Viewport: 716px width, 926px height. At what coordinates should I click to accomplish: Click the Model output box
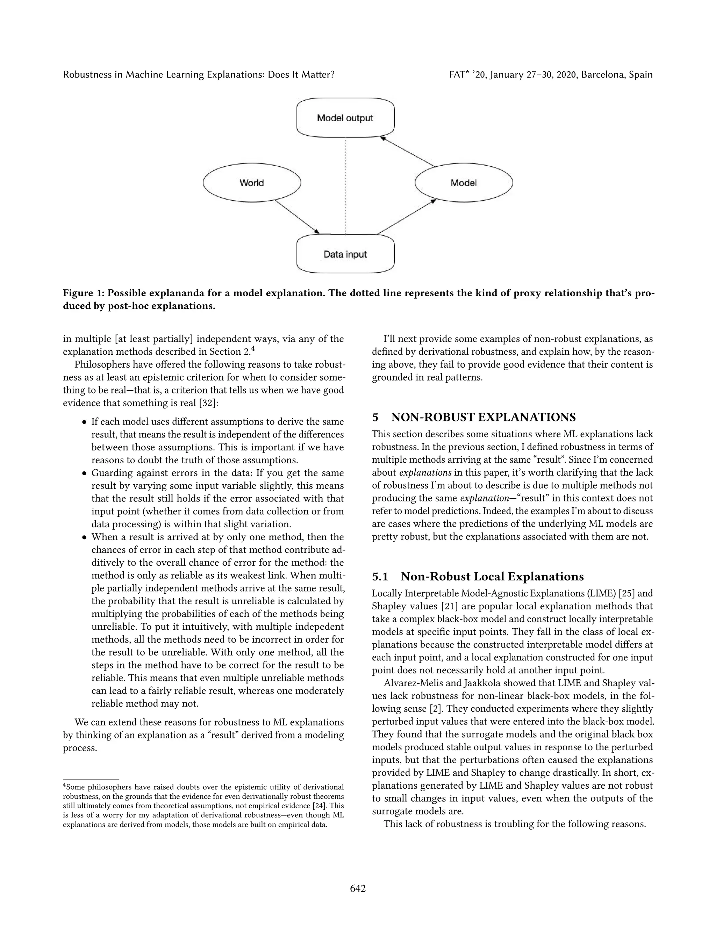pyautogui.click(x=345, y=118)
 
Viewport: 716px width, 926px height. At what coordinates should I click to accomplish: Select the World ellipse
pyautogui.click(x=252, y=183)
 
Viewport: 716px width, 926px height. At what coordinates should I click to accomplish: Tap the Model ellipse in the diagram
pyautogui.click(x=464, y=183)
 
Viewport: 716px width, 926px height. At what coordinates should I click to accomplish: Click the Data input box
pyautogui.click(x=345, y=254)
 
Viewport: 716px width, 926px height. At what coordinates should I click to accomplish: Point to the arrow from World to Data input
pyautogui.click(x=297, y=217)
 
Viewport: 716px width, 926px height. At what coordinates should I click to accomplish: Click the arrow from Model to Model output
pyautogui.click(x=408, y=151)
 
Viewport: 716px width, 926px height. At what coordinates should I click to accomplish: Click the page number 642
pyautogui.click(x=358, y=888)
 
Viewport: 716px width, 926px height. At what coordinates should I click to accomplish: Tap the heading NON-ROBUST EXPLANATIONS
pyautogui.click(x=483, y=417)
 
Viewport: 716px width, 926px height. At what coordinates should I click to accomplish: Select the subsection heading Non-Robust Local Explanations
pyautogui.click(x=492, y=577)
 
